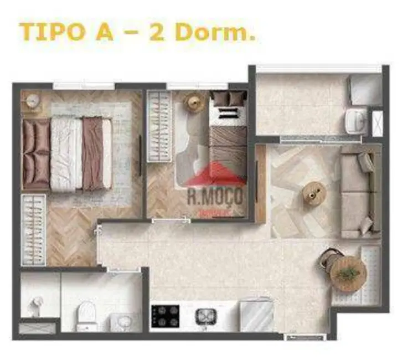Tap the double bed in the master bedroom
coord(66,152)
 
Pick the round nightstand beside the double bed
coord(33,101)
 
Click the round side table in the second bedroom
coord(194,102)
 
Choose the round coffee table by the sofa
coord(314,193)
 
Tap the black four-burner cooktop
coord(166,316)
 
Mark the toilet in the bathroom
coord(86,315)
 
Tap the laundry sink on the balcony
coord(354,119)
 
